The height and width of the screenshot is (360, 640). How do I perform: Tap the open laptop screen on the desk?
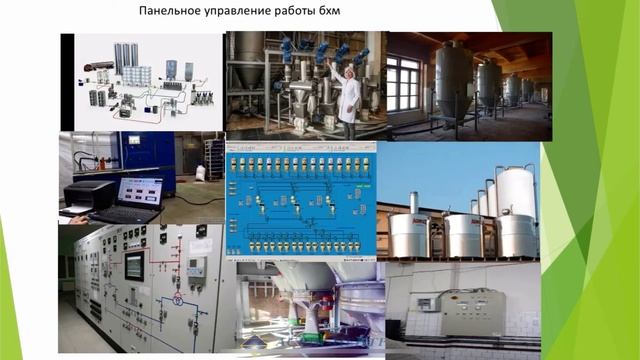[x=138, y=192]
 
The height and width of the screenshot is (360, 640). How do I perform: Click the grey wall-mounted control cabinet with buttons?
[x=472, y=311]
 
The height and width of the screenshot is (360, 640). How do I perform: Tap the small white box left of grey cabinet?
[x=427, y=304]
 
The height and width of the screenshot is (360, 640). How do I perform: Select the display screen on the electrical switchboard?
[x=133, y=266]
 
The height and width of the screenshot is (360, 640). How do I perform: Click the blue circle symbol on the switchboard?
[x=178, y=299]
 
